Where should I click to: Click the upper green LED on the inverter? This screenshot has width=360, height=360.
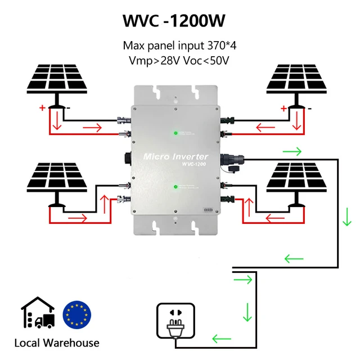[175, 133]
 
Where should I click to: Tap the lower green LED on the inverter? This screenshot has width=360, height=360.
[175, 186]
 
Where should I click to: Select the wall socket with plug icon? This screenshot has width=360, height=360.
[177, 322]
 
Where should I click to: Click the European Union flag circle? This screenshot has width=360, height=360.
[77, 314]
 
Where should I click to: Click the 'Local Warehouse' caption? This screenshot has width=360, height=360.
[56, 343]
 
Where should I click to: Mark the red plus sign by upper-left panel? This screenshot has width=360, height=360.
[42, 108]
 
